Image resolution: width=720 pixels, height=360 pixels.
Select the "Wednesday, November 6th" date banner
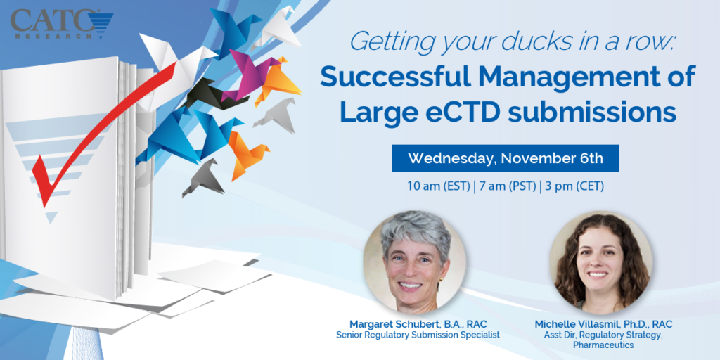pos(505,158)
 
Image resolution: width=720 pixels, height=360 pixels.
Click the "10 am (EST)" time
pos(437,187)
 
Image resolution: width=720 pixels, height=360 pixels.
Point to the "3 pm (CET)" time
pos(573,187)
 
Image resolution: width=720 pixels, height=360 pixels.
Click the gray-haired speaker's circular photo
pos(415,262)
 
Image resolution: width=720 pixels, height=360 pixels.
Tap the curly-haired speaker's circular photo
pos(600,262)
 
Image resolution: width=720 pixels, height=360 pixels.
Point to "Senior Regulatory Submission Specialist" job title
pos(418,335)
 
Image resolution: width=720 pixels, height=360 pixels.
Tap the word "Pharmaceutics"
pos(603,345)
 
